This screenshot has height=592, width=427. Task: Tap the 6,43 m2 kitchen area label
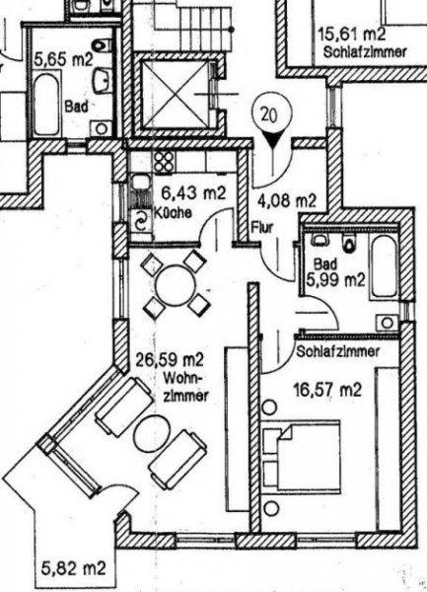pyautogui.click(x=193, y=193)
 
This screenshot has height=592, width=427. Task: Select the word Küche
pyautogui.click(x=173, y=213)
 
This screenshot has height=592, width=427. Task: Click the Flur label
pyautogui.click(x=262, y=228)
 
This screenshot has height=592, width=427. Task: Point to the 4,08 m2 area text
pyautogui.click(x=286, y=200)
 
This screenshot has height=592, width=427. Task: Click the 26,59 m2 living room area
pyautogui.click(x=170, y=359)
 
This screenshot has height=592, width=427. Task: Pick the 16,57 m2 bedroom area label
pyautogui.click(x=327, y=389)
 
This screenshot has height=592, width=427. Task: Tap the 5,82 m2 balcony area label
pyautogui.click(x=73, y=567)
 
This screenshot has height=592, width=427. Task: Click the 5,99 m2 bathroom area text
pyautogui.click(x=335, y=280)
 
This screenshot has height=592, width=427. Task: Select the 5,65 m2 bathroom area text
pyautogui.click(x=63, y=59)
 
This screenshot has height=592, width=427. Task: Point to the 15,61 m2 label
pyautogui.click(x=352, y=34)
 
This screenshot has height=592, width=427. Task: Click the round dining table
pyautogui.click(x=176, y=285)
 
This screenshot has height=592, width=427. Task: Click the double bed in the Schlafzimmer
pyautogui.click(x=302, y=458)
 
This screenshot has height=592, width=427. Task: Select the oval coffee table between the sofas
pyautogui.click(x=151, y=434)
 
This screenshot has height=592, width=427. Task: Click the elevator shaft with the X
pyautogui.click(x=175, y=94)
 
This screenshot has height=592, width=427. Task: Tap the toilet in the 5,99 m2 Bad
pyautogui.click(x=349, y=242)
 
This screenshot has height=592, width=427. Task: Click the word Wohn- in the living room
pyautogui.click(x=183, y=378)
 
